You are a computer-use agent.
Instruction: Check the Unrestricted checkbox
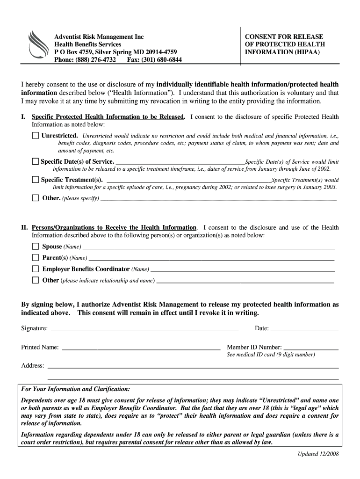pyautogui.click(x=36, y=136)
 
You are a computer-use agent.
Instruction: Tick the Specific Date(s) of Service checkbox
pyautogui.click(x=36, y=161)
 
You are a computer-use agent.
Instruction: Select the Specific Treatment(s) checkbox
pyautogui.click(x=36, y=180)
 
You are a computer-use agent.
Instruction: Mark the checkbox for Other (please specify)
pyautogui.click(x=36, y=198)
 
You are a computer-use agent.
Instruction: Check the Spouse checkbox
pyautogui.click(x=36, y=247)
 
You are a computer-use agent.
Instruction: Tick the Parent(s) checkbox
pyautogui.click(x=36, y=258)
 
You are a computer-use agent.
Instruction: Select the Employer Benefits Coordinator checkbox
pyautogui.click(x=36, y=269)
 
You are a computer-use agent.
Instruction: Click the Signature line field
pyautogui.click(x=144, y=327)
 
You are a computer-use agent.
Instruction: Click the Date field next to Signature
pyautogui.click(x=304, y=327)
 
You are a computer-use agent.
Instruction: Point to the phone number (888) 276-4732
pyautogui.click(x=90, y=60)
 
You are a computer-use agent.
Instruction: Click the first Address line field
pyautogui.click(x=193, y=365)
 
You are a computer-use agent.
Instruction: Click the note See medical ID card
pyautogui.click(x=271, y=355)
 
